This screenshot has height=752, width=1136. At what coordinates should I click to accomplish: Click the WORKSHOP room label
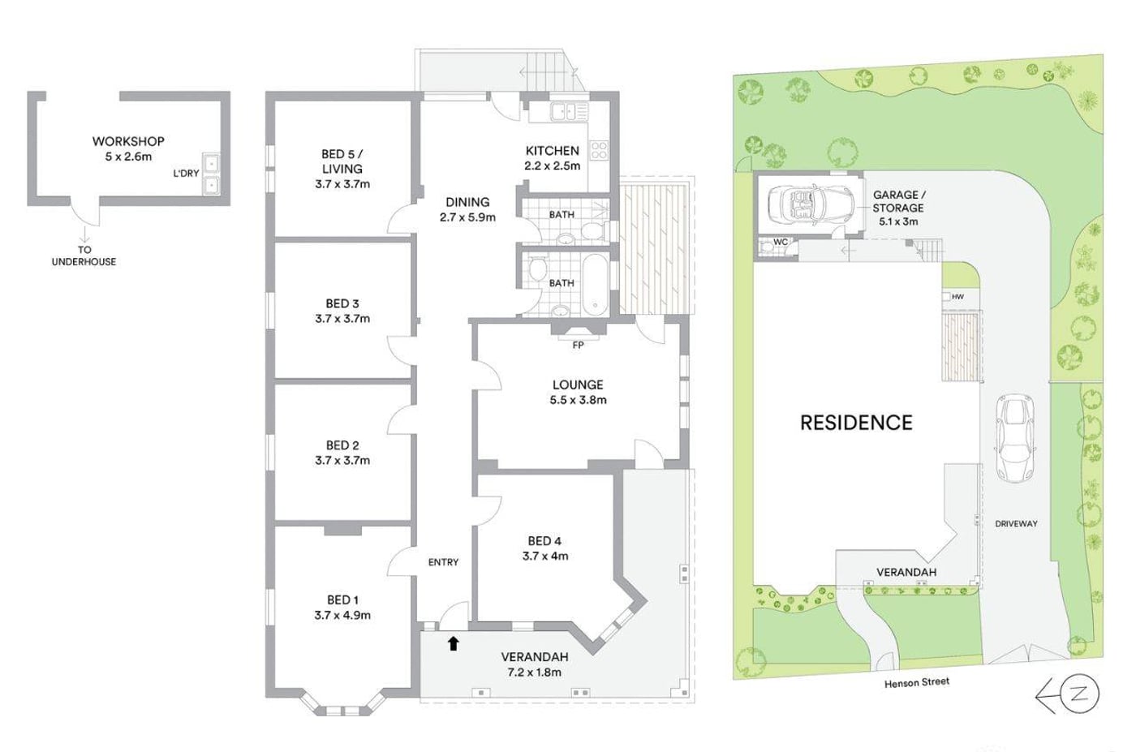128,141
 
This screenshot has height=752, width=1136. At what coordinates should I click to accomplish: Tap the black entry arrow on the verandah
454,643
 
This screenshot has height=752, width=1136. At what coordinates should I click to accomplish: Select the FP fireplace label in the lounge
578,346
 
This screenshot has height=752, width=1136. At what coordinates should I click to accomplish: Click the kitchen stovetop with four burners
599,151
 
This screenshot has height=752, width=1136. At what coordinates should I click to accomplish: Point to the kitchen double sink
570,111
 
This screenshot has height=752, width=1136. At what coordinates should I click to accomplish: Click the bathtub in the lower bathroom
594,286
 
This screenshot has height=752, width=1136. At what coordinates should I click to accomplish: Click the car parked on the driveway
1015,438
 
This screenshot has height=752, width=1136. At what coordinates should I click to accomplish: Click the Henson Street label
917,682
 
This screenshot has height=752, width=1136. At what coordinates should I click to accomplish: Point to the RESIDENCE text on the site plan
856,423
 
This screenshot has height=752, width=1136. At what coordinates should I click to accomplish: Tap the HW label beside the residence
957,297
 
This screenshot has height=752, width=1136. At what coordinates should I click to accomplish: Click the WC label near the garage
781,243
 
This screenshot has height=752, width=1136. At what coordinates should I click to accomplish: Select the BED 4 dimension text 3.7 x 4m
545,556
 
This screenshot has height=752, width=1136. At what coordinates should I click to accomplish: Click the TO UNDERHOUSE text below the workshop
84,256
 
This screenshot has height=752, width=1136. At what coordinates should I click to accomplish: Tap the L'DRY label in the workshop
186,174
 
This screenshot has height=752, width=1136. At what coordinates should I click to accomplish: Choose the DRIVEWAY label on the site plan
1016,524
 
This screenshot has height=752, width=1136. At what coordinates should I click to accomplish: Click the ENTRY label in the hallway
443,562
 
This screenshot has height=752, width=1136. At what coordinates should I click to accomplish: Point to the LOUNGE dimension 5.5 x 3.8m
578,400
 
